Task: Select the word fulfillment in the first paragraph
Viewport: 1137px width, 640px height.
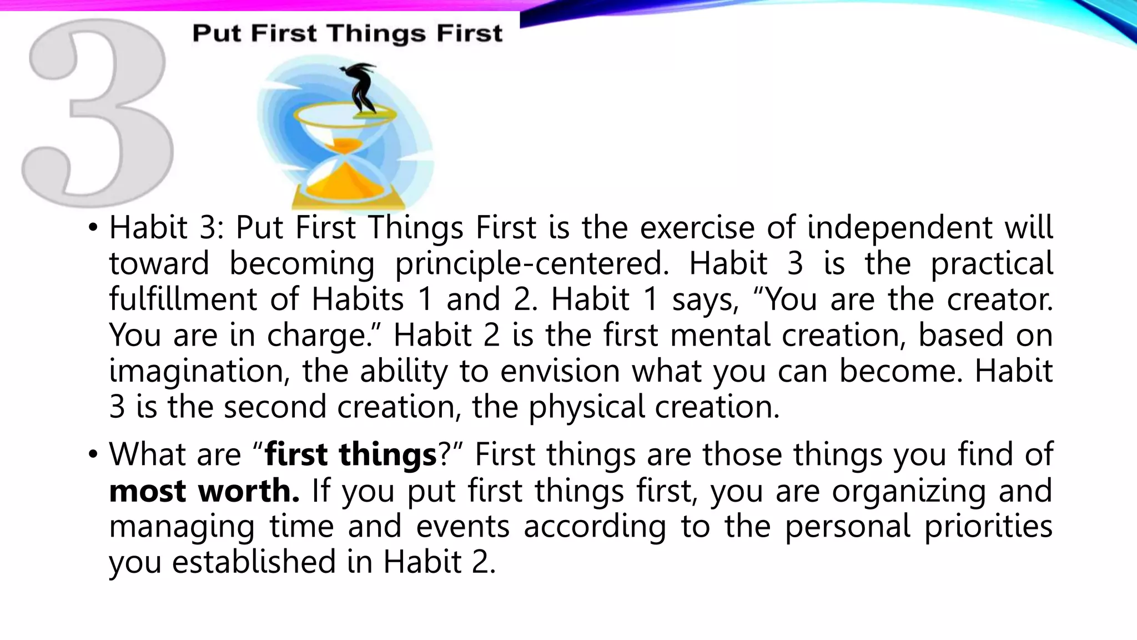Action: pyautogui.click(x=183, y=299)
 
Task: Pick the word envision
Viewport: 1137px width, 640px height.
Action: pyautogui.click(x=560, y=371)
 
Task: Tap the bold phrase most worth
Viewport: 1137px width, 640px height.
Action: pyautogui.click(x=204, y=491)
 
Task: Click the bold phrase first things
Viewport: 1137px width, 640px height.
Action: pyautogui.click(x=351, y=455)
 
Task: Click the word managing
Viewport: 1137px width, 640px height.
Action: pyautogui.click(x=182, y=527)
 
